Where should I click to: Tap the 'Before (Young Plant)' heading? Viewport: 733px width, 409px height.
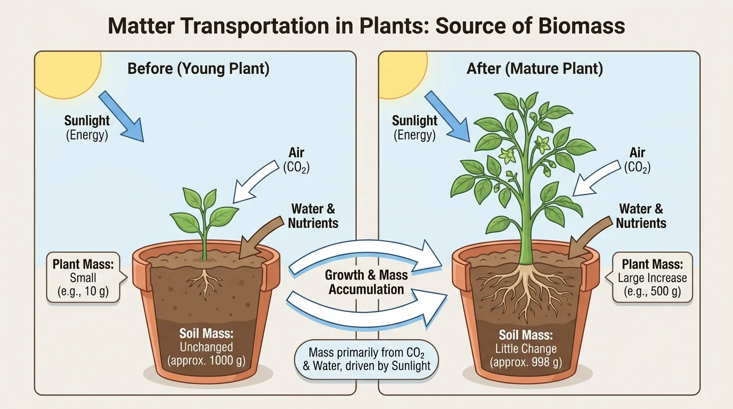click(x=198, y=69)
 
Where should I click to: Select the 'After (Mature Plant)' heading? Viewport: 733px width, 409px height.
click(x=534, y=69)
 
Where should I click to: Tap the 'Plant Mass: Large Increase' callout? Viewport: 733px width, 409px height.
click(x=652, y=277)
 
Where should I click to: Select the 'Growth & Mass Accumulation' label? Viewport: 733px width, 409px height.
click(x=366, y=282)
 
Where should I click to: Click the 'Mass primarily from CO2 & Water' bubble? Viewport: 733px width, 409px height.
click(x=366, y=359)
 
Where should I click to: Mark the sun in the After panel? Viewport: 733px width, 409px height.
click(x=402, y=67)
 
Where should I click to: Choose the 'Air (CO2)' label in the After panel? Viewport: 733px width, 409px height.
click(x=637, y=160)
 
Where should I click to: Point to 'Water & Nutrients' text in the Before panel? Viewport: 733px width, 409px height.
click(x=313, y=216)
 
